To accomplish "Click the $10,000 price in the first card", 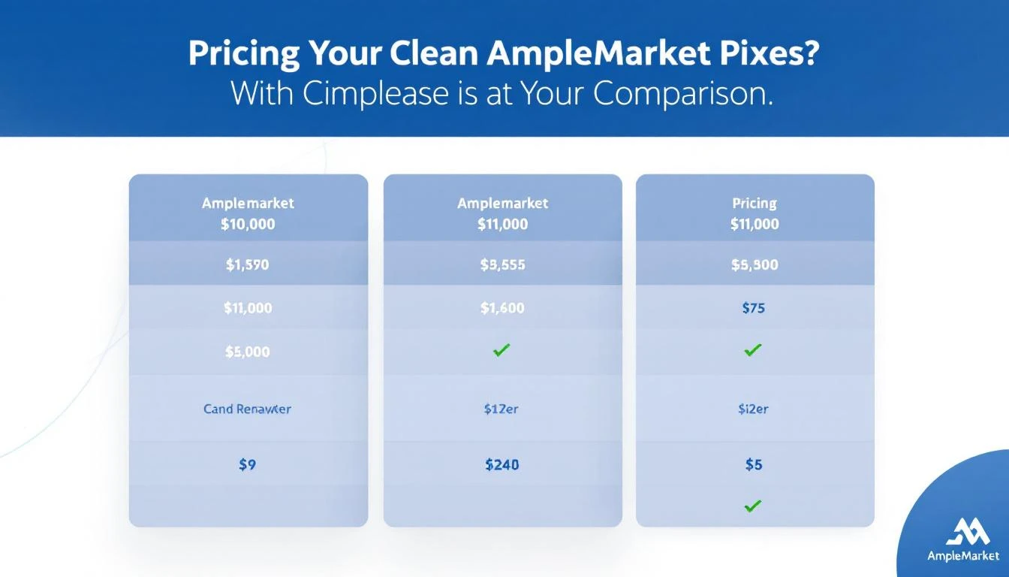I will (248, 224).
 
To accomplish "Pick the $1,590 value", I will (248, 264).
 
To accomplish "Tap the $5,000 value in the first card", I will (248, 352).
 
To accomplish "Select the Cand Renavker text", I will (248, 409).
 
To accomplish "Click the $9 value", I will (248, 465).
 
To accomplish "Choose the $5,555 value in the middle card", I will (502, 264).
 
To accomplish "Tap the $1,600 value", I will (502, 307).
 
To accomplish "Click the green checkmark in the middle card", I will (501, 349).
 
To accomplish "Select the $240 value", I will (502, 465).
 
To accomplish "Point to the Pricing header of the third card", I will (754, 204).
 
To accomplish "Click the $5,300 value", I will (754, 264).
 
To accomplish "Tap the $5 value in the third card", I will (754, 465).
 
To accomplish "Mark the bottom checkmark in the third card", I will (753, 506).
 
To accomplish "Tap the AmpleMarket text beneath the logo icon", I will (963, 557).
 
